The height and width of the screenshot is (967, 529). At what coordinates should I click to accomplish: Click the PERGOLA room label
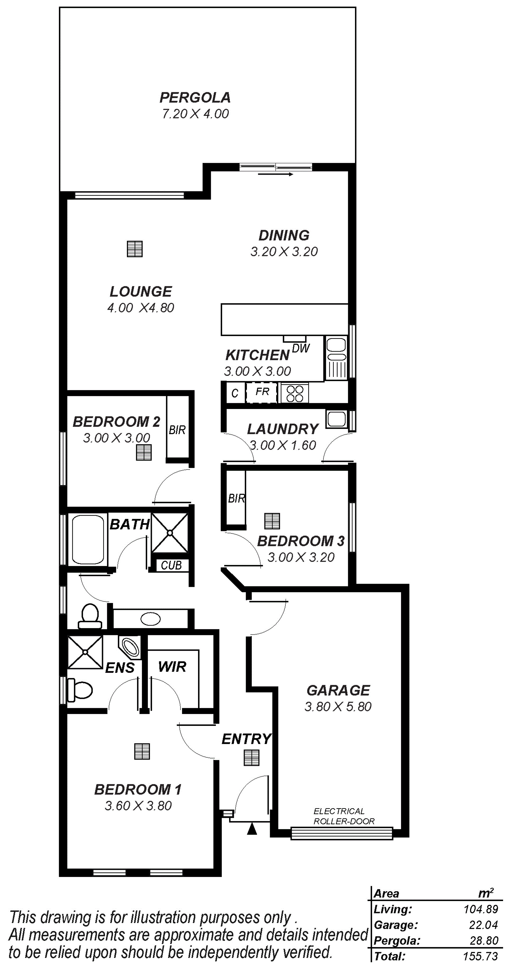point(195,98)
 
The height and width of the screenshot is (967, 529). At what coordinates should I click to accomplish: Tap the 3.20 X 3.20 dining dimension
point(284,251)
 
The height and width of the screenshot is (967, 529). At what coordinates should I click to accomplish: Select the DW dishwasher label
point(301,348)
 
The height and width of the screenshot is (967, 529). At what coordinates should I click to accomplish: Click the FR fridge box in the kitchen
point(262,393)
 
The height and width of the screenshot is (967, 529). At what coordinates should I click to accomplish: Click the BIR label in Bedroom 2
point(177,430)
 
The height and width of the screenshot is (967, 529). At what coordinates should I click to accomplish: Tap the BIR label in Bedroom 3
point(236,498)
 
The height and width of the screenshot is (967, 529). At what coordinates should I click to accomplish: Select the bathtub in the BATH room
point(88,539)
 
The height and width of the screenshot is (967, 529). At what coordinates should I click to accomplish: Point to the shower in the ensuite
point(85,652)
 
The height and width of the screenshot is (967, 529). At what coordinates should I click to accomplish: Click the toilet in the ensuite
point(80,690)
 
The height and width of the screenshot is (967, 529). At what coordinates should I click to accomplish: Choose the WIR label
point(172,667)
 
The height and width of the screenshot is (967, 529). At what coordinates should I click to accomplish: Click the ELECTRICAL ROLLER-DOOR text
point(344,816)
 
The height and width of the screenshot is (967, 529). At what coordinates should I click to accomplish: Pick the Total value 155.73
point(481,956)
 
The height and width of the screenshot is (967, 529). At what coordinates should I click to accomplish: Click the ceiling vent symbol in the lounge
point(135,249)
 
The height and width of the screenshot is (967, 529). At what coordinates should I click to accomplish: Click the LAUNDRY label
point(283,429)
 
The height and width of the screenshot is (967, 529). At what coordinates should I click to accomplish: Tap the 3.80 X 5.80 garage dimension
point(338,707)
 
